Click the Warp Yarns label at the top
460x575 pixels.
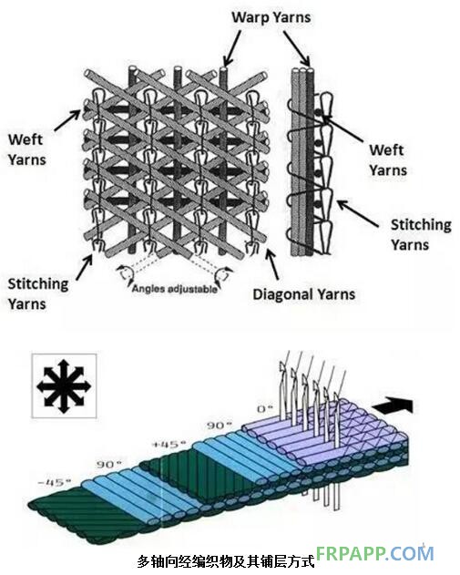click(x=271, y=17)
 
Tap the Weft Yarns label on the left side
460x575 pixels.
click(x=26, y=149)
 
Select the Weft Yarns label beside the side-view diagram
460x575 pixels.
click(x=388, y=160)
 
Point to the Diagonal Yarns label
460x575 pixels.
click(x=304, y=294)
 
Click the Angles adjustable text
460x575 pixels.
click(x=175, y=289)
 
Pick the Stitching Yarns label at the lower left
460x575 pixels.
click(x=38, y=294)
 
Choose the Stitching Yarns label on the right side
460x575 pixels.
click(x=421, y=235)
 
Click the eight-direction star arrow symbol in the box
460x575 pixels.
click(x=64, y=385)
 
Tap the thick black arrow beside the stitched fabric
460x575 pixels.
click(x=393, y=406)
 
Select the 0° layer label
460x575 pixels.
click(x=265, y=409)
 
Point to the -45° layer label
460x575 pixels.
click(x=55, y=482)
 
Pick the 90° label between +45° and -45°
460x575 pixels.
click(x=109, y=465)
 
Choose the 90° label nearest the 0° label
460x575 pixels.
click(x=220, y=426)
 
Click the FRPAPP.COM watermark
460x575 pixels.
click(x=375, y=554)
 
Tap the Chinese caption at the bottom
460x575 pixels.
click(x=226, y=561)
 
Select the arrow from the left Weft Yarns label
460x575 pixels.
click(x=67, y=120)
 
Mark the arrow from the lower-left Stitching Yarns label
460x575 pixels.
click(x=85, y=268)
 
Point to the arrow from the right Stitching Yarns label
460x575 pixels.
click(x=358, y=214)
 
